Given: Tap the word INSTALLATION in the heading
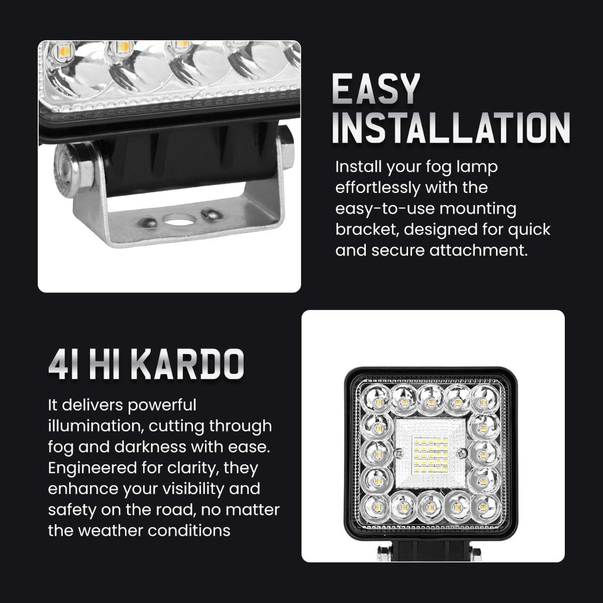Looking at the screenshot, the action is [451, 128].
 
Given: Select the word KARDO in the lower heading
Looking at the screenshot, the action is [187, 364].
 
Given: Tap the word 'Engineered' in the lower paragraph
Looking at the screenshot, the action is [92, 468].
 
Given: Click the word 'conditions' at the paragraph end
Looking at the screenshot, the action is [189, 531].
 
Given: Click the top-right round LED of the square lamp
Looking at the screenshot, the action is [484, 401].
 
